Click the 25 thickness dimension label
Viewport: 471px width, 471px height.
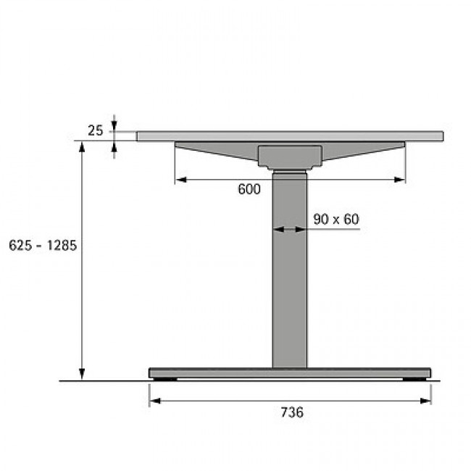[x=95, y=130]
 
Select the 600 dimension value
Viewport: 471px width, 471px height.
[x=249, y=189]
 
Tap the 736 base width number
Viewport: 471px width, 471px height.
[x=292, y=412]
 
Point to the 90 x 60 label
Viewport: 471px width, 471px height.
[x=335, y=220]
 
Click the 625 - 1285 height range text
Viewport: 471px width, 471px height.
[x=43, y=246]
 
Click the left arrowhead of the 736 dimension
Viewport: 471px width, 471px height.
[x=155, y=401]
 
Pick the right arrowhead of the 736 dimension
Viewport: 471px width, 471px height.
[x=425, y=401]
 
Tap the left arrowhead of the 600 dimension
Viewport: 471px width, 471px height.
[x=181, y=180]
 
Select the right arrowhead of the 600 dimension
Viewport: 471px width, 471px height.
[x=399, y=180]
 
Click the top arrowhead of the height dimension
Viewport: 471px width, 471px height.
[x=82, y=147]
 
